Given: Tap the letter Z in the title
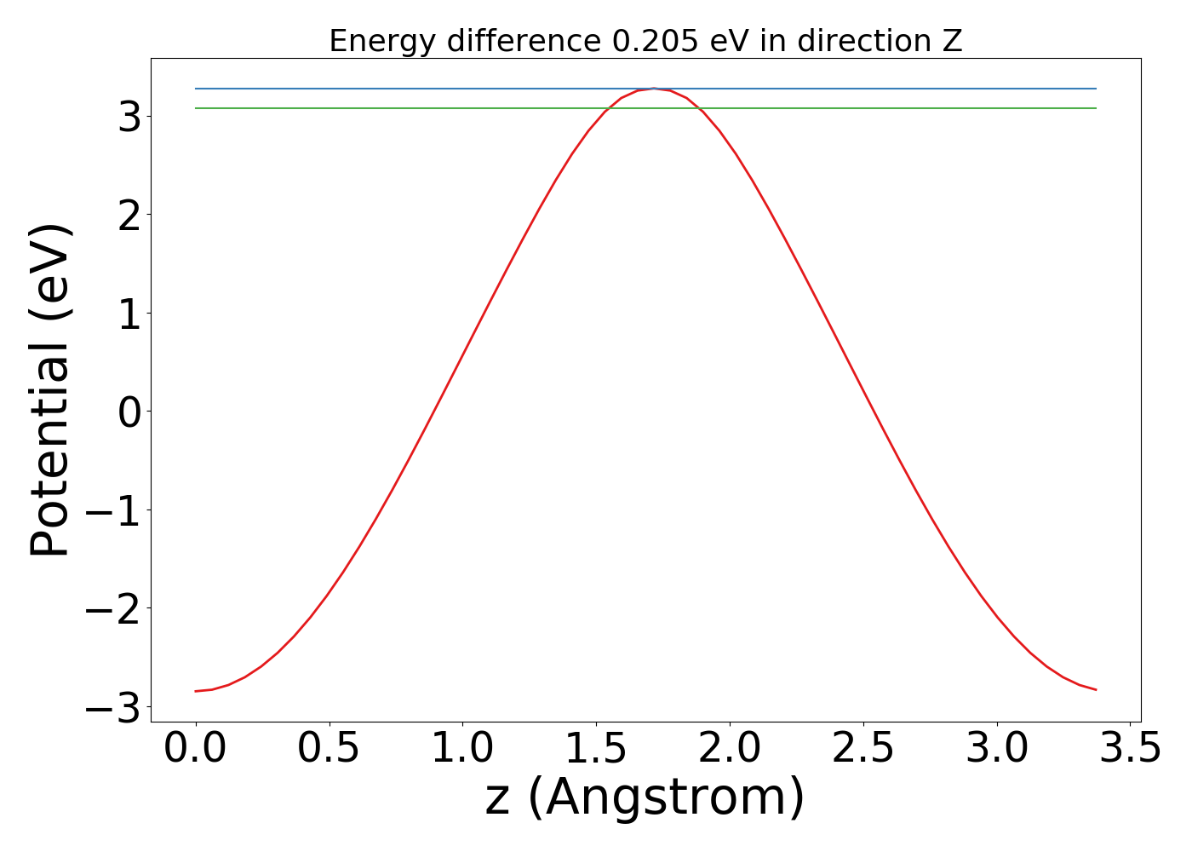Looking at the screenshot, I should tap(952, 41).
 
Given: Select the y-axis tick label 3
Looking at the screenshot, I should tap(129, 117).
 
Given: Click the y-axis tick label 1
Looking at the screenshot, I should tap(129, 314).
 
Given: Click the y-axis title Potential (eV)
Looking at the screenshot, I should tap(51, 390).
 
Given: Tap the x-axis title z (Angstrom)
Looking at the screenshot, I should tap(645, 798).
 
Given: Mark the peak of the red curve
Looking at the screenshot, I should tap(653, 89).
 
